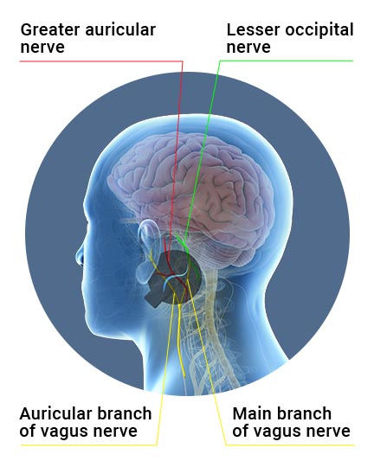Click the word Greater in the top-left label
[x=50, y=29]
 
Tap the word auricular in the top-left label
[x=120, y=29]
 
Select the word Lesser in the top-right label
[x=253, y=29]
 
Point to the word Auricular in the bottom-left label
[x=55, y=413]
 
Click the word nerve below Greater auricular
[x=42, y=48]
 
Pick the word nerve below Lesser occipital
[x=248, y=48]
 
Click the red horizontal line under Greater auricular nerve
[x=101, y=61]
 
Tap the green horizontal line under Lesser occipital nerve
[x=287, y=61]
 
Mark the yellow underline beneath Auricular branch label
[x=88, y=445]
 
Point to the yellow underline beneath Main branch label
[x=290, y=445]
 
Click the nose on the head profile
[x=80, y=255]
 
